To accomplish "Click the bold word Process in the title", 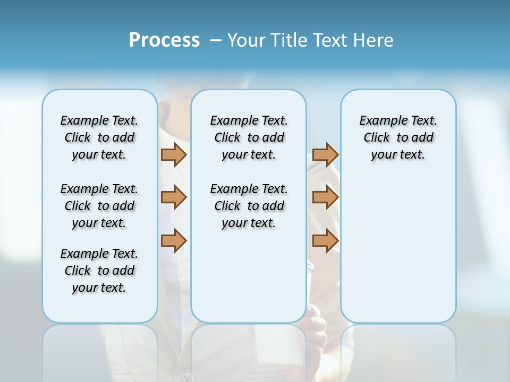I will click(164, 40).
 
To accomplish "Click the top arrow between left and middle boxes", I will click(174, 154).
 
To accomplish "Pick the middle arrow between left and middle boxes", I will click(174, 197).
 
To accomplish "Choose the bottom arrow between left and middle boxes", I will click(174, 240).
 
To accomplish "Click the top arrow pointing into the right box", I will click(325, 154).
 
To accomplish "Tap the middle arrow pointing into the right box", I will click(325, 197).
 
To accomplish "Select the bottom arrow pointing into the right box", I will click(325, 240).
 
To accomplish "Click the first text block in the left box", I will click(99, 137).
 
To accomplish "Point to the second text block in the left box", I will click(99, 206).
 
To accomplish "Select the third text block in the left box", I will click(99, 271).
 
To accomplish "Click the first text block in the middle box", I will click(249, 137).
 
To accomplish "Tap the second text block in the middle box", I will click(249, 206).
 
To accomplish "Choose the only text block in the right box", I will click(398, 137).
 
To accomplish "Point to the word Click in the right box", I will click(377, 138).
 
